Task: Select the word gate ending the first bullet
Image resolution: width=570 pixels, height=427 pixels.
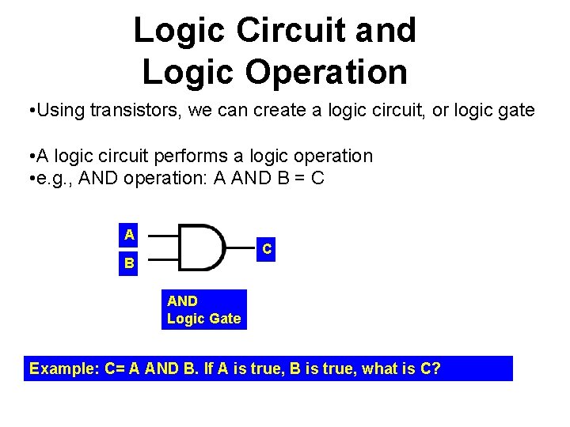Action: pyautogui.click(x=517, y=111)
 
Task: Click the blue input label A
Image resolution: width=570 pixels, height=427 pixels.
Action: pyautogui.click(x=129, y=234)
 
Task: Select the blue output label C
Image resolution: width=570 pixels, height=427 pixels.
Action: pyautogui.click(x=268, y=249)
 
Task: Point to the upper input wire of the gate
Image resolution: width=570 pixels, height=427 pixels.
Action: pyautogui.click(x=163, y=236)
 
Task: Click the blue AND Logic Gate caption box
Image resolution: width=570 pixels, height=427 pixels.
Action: pyautogui.click(x=205, y=309)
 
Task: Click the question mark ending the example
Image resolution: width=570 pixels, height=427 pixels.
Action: pyautogui.click(x=436, y=368)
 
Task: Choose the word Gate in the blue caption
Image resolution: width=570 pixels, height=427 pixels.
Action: pyautogui.click(x=225, y=319)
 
